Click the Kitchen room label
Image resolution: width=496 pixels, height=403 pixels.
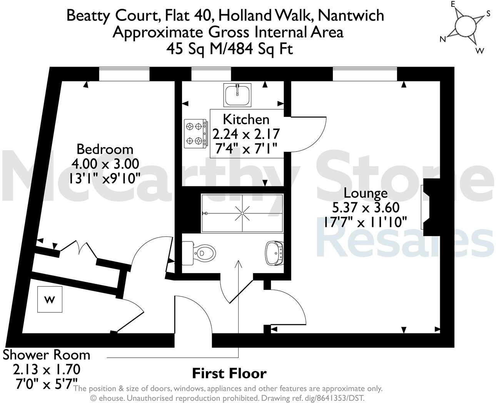click(x=246, y=119)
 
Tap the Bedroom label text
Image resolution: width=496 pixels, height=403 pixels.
click(x=105, y=149)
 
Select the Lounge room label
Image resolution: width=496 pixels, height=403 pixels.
click(x=365, y=192)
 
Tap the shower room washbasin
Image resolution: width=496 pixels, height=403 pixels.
click(x=274, y=253)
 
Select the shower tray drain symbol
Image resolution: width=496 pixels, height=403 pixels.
click(x=242, y=213)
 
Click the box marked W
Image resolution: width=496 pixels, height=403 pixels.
click(x=49, y=300)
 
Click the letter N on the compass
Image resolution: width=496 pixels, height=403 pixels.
click(x=443, y=39)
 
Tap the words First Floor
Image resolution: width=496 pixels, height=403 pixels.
click(x=229, y=373)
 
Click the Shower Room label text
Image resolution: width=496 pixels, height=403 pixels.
click(x=47, y=355)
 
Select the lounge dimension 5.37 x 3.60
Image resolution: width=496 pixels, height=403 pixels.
click(x=366, y=208)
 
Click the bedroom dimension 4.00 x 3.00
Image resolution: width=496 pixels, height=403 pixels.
click(x=105, y=164)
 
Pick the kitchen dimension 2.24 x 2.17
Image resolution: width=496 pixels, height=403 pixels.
click(x=246, y=134)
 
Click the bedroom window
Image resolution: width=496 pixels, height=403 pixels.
click(x=124, y=74)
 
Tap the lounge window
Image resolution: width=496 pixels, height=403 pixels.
click(x=364, y=74)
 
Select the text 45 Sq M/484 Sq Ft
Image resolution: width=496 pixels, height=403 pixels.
click(x=229, y=49)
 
